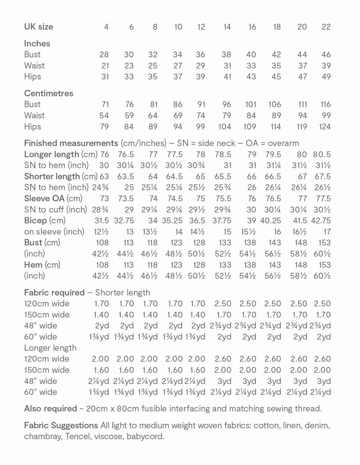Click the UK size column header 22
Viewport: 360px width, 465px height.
tap(326, 27)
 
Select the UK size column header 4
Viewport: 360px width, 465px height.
tap(106, 27)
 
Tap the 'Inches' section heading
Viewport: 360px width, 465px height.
tap(37, 44)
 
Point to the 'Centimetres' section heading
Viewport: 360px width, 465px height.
tap(48, 93)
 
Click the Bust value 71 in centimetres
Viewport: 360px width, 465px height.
tap(105, 104)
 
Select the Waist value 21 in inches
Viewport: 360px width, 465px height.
tap(105, 66)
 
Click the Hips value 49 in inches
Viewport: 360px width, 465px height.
tap(326, 77)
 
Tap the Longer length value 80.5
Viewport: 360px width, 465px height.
tap(322, 154)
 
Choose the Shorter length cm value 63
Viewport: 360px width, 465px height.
tap(104, 176)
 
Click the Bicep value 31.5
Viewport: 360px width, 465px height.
tap(102, 221)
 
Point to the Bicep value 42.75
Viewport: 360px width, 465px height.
tap(321, 221)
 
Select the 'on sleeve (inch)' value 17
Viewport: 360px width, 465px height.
tap(327, 232)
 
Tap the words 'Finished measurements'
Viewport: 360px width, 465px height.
tap(71, 143)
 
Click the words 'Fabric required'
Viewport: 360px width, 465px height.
tap(54, 293)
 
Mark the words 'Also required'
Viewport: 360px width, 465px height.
tap(51, 409)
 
